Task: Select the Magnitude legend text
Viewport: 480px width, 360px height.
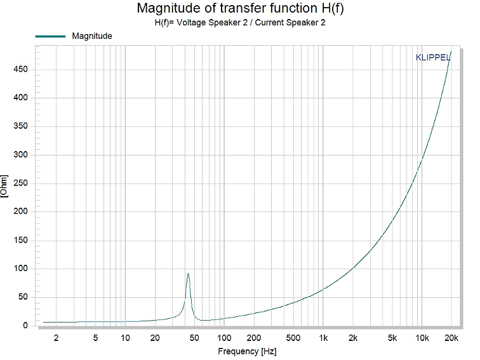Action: point(92,36)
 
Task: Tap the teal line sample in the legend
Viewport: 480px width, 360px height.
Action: point(50,36)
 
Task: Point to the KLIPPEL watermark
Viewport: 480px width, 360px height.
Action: point(433,57)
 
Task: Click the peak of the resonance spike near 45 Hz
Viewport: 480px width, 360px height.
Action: point(188,274)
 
